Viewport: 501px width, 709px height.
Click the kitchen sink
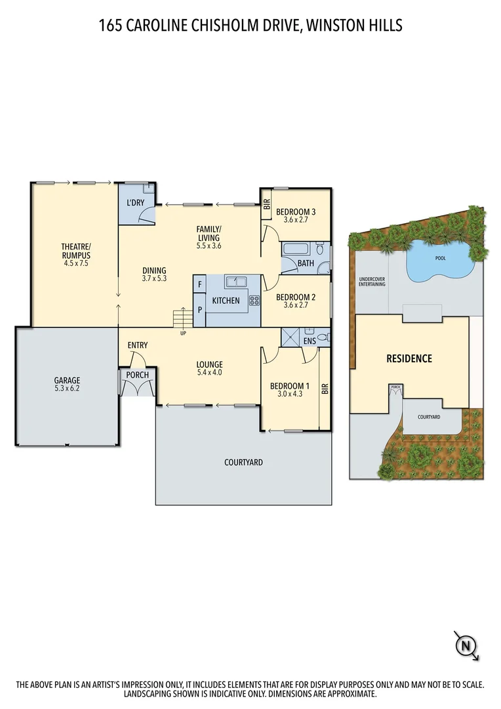click(x=235, y=282)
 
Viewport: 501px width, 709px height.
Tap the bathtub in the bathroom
click(x=297, y=250)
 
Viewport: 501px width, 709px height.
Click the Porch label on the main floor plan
click(x=137, y=375)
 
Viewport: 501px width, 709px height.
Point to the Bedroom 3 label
click(x=296, y=211)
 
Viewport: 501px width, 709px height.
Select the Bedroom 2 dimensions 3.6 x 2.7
click(x=296, y=305)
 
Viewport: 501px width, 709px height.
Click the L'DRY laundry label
click(x=135, y=202)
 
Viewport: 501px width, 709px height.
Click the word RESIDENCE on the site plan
click(x=409, y=358)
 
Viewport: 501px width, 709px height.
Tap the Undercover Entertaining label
click(x=372, y=282)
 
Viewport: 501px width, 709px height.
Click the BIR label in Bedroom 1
click(x=324, y=389)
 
